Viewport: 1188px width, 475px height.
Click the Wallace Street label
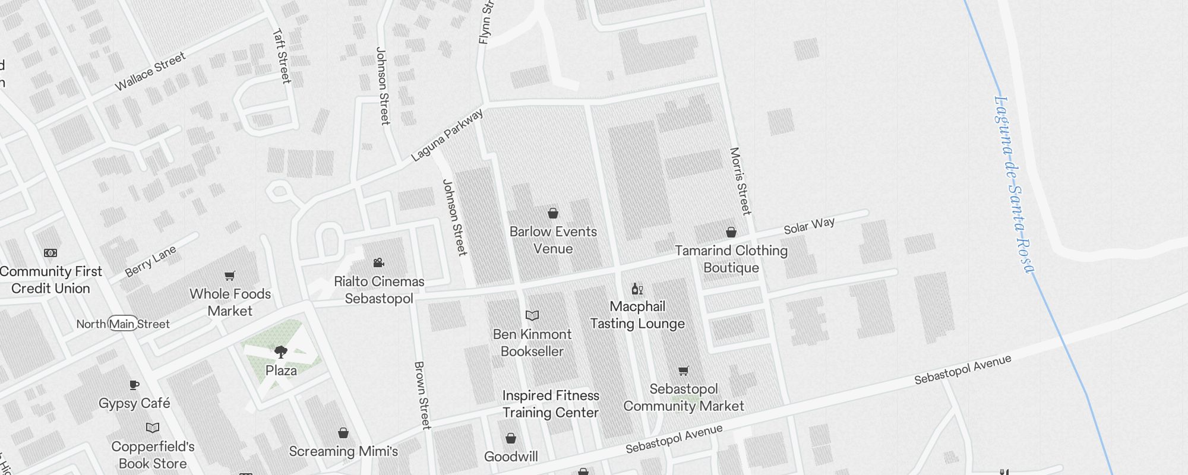click(x=150, y=71)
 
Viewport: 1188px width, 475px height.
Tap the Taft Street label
click(x=282, y=56)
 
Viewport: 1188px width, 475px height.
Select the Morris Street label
click(x=740, y=180)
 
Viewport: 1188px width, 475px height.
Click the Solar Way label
click(x=809, y=226)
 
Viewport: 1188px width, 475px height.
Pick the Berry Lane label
click(x=150, y=261)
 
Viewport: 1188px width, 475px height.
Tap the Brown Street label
click(x=422, y=395)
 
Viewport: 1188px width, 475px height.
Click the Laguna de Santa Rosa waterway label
click(x=1013, y=184)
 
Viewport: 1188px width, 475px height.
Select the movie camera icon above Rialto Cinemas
click(x=378, y=263)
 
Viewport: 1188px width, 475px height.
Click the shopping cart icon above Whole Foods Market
click(x=230, y=275)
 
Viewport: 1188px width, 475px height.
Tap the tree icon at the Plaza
click(x=281, y=352)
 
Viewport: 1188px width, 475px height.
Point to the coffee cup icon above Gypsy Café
click(x=134, y=385)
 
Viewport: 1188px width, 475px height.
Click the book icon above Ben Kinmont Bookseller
click(x=532, y=315)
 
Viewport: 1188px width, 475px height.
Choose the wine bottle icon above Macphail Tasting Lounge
click(x=637, y=289)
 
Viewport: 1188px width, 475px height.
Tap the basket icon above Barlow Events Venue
click(x=553, y=213)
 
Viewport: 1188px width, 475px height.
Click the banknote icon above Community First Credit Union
click(x=50, y=253)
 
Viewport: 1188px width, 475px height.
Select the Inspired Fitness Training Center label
click(x=551, y=404)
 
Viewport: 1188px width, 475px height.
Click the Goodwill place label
click(x=511, y=457)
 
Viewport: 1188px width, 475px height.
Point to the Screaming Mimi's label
click(x=343, y=451)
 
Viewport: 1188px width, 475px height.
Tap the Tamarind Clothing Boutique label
click(x=731, y=259)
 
